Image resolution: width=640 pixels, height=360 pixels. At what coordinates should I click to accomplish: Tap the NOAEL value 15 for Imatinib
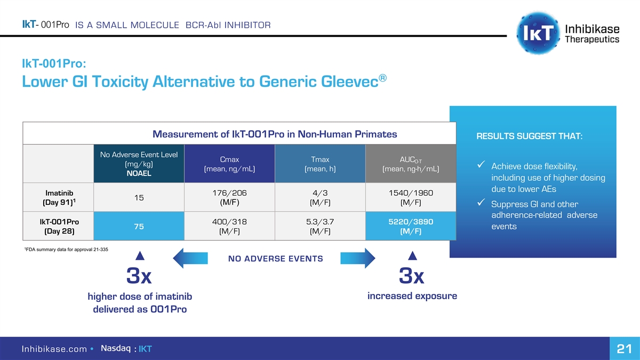tap(139, 197)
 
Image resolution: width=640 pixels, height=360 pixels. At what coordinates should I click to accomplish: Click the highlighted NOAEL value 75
tap(139, 226)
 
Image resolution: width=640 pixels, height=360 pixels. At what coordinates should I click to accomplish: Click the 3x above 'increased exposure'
tap(412, 276)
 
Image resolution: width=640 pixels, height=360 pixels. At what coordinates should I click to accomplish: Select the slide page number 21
tap(623, 349)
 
